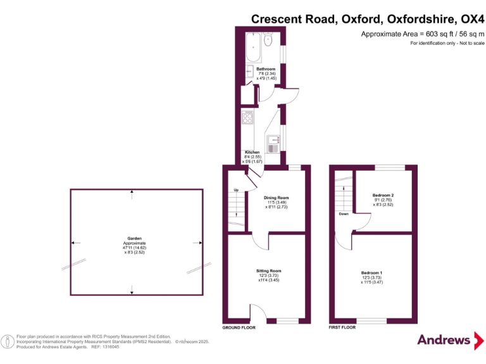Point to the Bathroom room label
[x=266, y=68]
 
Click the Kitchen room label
[x=252, y=152]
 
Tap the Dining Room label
[x=277, y=197]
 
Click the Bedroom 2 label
[x=383, y=195]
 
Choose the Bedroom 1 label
[x=372, y=272]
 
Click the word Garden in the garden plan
[x=134, y=239]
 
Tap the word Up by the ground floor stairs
[x=236, y=190]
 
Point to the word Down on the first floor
[x=344, y=214]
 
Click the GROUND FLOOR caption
[x=239, y=328]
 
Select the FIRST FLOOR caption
[x=342, y=328]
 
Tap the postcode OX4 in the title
[x=470, y=19]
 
